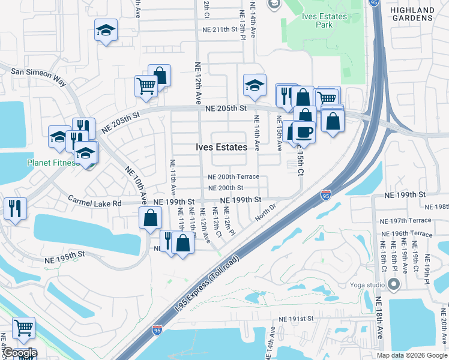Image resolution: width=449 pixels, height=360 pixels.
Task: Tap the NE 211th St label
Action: click(x=217, y=29)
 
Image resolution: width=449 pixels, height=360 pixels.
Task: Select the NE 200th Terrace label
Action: click(x=234, y=177)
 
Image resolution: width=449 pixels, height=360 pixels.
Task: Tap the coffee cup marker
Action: click(x=304, y=132)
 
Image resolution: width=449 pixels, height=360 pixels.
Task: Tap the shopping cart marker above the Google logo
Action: click(x=23, y=328)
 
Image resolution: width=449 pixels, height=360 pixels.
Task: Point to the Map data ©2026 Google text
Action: click(x=412, y=355)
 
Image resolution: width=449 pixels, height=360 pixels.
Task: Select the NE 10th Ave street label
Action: click(x=136, y=185)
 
